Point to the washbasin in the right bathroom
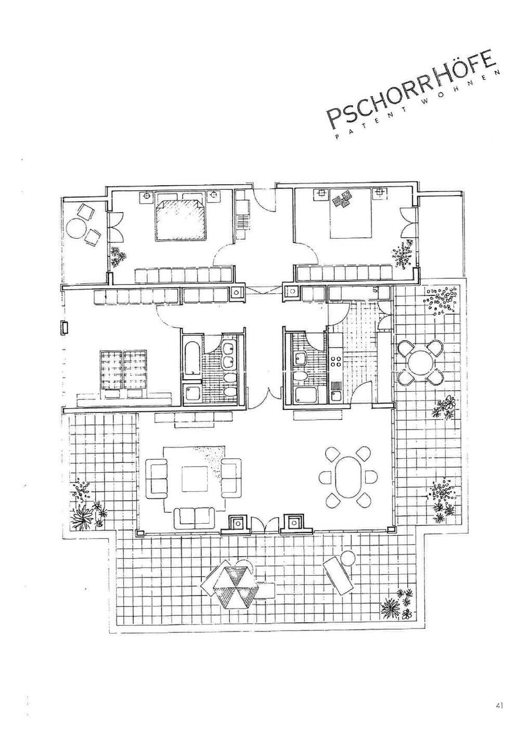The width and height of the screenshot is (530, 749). tap(301, 358)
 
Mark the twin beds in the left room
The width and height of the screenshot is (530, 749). tap(124, 369)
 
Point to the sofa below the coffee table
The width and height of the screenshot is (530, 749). tap(194, 516)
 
